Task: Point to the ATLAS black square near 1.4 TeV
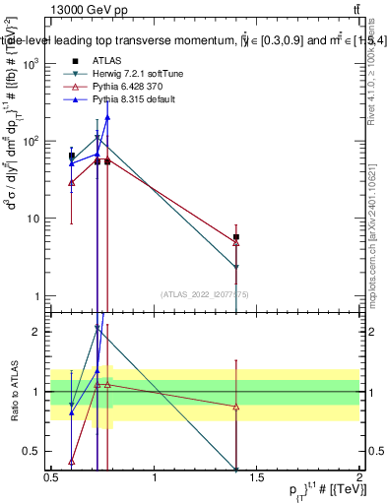236,237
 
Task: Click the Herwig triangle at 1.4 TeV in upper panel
236,267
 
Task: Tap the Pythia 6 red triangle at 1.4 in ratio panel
236,407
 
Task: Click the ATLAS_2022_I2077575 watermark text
205,293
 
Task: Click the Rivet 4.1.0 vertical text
377,79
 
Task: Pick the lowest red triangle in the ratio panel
72,461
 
